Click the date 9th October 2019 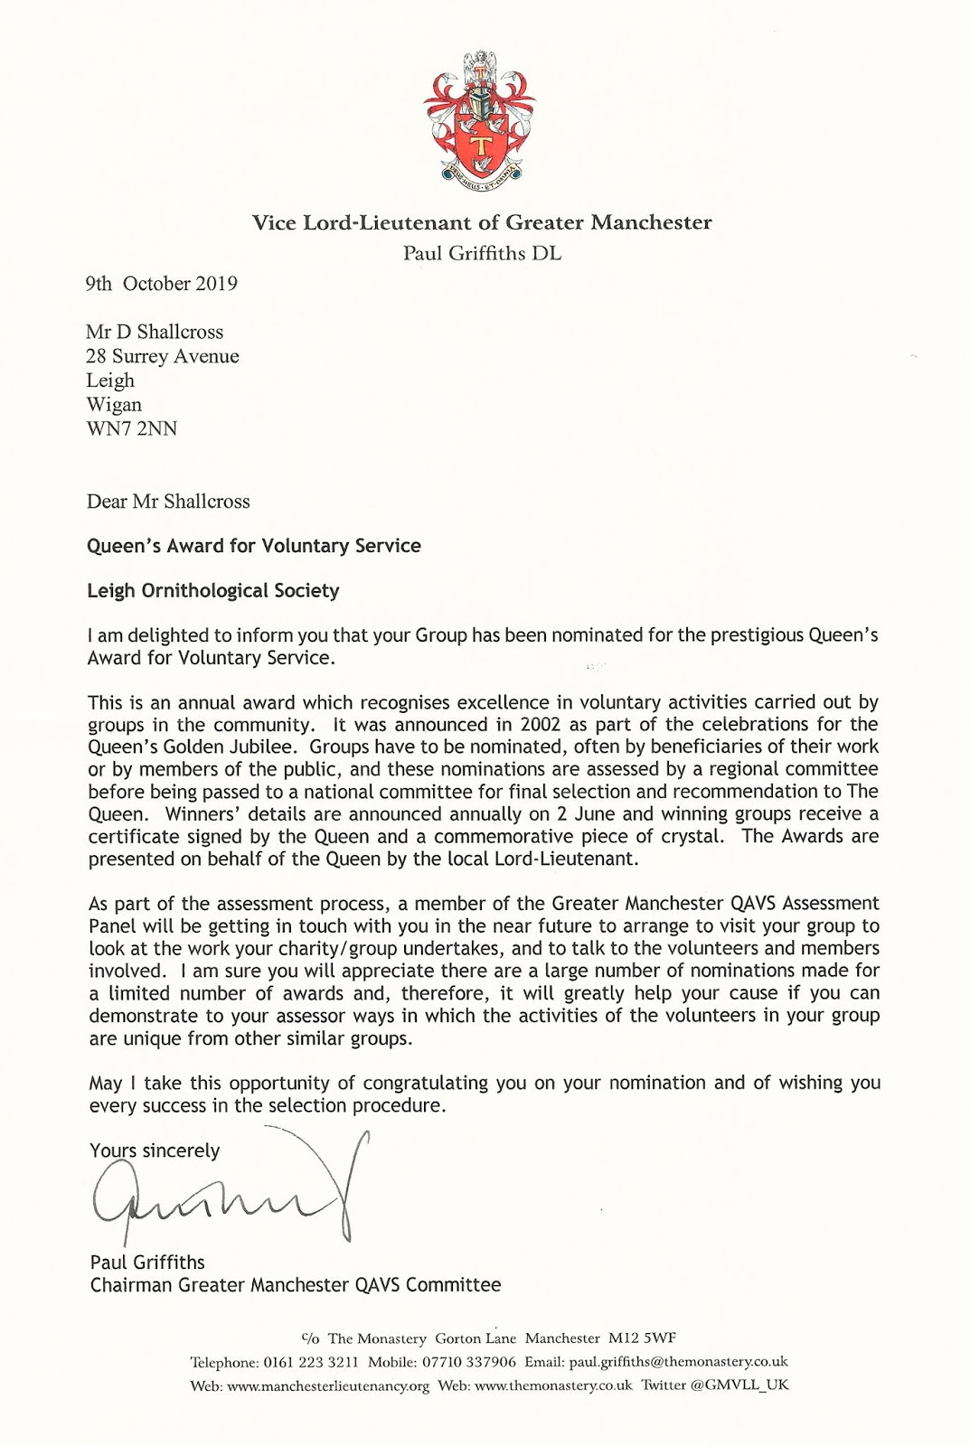tap(162, 284)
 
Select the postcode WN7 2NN tap(132, 428)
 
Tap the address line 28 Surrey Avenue tap(163, 356)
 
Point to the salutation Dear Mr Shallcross tap(168, 502)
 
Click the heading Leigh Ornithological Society tap(213, 591)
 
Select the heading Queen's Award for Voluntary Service tap(254, 546)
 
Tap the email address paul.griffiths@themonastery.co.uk tap(679, 1362)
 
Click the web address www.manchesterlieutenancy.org tap(328, 1386)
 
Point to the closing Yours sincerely tap(155, 1151)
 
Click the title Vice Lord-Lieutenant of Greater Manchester tap(482, 222)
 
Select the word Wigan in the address tap(114, 405)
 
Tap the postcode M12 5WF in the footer tap(642, 1338)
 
